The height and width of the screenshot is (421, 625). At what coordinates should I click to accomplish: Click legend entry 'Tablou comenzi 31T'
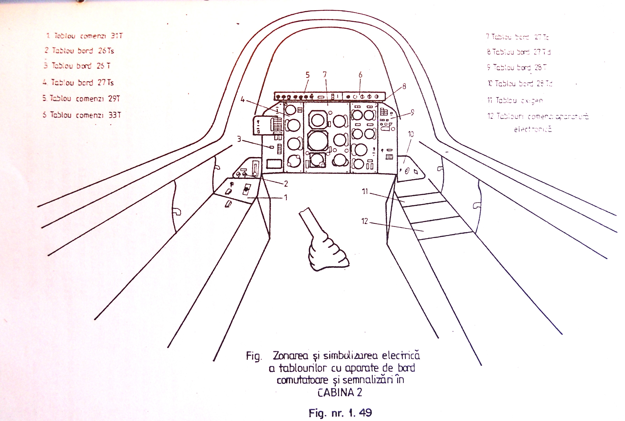[x=84, y=36]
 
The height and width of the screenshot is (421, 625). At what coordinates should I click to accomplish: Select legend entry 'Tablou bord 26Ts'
[x=80, y=50]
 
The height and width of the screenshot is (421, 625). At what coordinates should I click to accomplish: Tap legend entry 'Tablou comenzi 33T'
[x=82, y=115]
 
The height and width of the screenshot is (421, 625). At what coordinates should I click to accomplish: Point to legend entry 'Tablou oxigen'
[x=515, y=100]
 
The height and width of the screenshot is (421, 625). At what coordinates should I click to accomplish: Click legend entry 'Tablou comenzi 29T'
[x=81, y=99]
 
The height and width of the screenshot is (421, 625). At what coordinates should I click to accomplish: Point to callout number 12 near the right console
[x=365, y=221]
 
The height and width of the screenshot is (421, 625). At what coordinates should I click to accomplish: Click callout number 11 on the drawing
[x=365, y=191]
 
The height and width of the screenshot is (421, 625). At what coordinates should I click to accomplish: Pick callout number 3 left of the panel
[x=239, y=139]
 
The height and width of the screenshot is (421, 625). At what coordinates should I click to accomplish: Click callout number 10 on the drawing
[x=411, y=134]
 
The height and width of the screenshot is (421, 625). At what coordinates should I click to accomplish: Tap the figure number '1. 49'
[x=360, y=412]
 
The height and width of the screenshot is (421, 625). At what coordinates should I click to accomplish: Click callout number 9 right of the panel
[x=412, y=112]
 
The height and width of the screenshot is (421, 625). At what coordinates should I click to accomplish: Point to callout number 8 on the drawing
[x=404, y=86]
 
